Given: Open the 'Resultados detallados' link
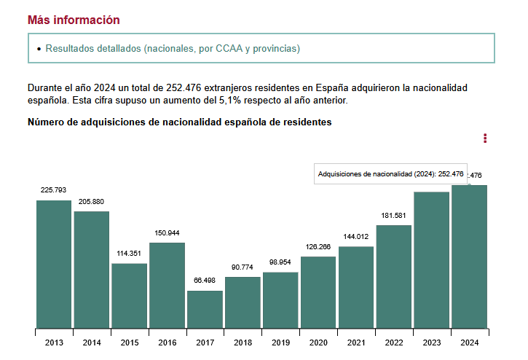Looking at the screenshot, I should [173, 48].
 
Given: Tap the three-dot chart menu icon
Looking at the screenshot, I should [485, 138].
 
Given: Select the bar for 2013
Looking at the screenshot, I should [54, 264].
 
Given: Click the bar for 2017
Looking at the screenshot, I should [205, 309].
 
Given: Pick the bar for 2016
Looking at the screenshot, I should [167, 285].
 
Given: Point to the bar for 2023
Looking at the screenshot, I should [431, 259].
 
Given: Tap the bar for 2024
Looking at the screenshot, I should [469, 257].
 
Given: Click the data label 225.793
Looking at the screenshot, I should [53, 190].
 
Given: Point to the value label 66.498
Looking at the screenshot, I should [205, 281].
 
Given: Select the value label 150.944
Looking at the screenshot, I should [167, 233].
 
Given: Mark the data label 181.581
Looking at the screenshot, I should [393, 216].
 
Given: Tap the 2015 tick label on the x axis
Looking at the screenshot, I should [130, 343].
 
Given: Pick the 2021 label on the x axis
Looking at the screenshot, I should [356, 343].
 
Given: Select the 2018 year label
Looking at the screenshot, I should [243, 343].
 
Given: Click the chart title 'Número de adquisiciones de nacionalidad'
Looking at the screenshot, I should [179, 122].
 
